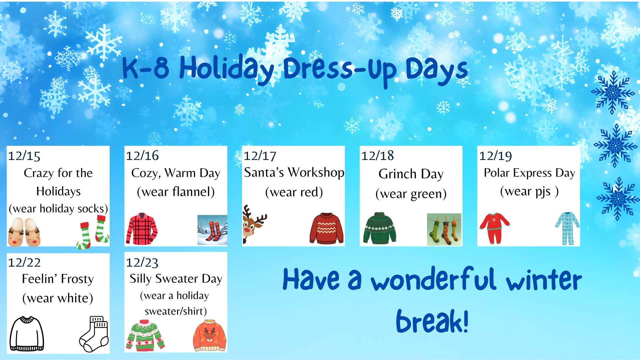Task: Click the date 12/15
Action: (24, 156)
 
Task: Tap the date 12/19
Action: (495, 156)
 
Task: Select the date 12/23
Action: (142, 263)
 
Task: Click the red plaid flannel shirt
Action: (142, 229)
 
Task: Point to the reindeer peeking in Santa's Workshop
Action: (254, 224)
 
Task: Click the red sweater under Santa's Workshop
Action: (326, 229)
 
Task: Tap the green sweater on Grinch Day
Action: (380, 228)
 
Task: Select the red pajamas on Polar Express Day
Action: (494, 228)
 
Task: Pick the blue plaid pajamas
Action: (567, 228)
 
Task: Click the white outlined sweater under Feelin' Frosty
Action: (27, 334)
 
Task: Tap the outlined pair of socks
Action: (94, 334)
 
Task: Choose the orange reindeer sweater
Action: (210, 336)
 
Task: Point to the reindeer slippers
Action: (24, 232)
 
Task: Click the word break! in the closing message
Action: (432, 321)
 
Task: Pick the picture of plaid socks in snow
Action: (212, 230)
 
